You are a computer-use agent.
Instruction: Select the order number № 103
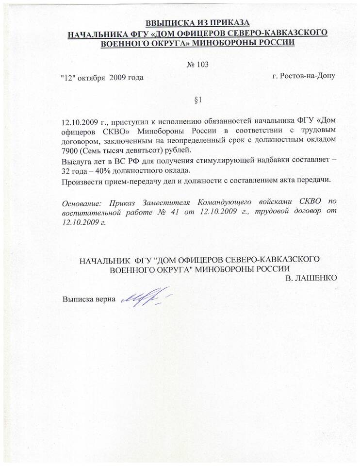pyautogui.click(x=197, y=66)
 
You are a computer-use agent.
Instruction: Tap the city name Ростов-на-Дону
pyautogui.click(x=304, y=76)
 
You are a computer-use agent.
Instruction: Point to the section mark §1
pyautogui.click(x=197, y=100)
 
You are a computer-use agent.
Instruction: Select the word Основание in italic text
pyautogui.click(x=83, y=203)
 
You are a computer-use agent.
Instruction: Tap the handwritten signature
pyautogui.click(x=146, y=297)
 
